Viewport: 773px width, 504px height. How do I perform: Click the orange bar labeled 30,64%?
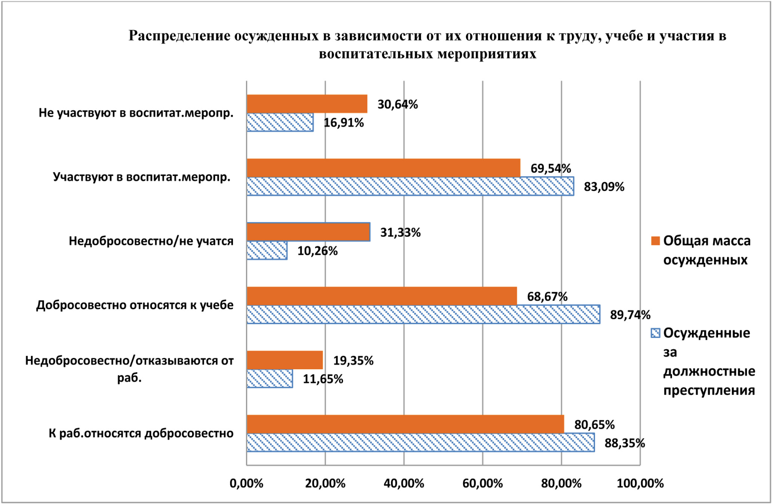307,104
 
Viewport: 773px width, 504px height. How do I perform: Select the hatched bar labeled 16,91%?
280,122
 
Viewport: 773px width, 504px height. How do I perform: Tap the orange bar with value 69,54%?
383,168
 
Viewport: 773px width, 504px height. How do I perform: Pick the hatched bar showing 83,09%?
410,186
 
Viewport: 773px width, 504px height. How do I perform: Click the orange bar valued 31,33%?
308,232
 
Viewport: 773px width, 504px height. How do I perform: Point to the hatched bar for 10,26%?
267,250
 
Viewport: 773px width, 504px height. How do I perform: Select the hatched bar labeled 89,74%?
423,314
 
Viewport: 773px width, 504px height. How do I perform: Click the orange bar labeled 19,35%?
285,360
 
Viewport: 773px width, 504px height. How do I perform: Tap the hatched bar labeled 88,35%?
420,443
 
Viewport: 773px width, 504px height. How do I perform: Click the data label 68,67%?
547,297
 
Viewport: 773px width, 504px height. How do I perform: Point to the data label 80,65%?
594,425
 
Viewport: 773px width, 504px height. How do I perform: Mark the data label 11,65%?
323,379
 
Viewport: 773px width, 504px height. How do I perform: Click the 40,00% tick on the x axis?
404,483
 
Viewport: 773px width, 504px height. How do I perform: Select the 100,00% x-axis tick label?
640,483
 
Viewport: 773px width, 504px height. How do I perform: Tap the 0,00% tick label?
246,483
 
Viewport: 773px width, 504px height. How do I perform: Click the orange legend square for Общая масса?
655,241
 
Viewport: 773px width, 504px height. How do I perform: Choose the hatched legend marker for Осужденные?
655,333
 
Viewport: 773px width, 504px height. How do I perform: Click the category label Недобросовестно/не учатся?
151,241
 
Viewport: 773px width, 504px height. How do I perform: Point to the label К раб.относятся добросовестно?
141,433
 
